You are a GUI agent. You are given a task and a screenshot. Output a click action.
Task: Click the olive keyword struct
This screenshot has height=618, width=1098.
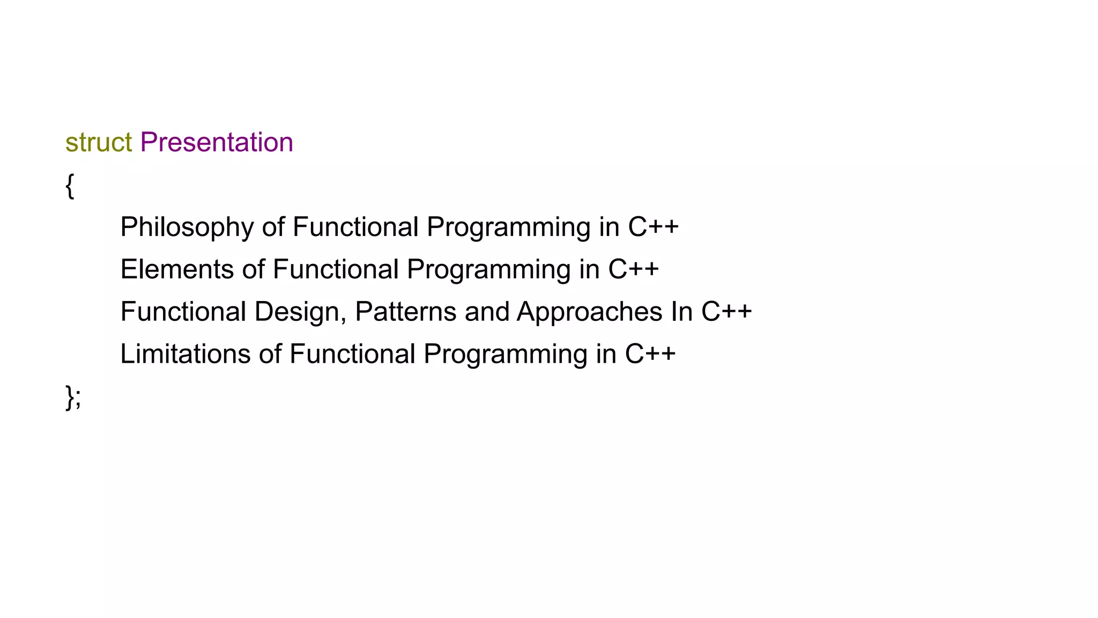[x=99, y=143]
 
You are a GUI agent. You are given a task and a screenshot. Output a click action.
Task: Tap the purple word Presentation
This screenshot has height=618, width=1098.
[x=217, y=143]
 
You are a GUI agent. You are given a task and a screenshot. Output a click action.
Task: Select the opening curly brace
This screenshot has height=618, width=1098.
[x=70, y=186]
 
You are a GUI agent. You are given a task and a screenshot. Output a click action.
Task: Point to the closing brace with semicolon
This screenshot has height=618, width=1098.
[x=73, y=398]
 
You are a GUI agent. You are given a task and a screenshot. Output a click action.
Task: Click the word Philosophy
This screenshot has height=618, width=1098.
[x=187, y=227]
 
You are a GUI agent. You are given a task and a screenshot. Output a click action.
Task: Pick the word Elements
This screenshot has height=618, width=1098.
[x=177, y=269]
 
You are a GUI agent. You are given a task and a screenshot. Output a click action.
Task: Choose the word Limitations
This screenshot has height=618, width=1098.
[x=186, y=354]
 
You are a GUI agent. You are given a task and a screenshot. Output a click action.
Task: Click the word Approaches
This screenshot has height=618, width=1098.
[x=589, y=312]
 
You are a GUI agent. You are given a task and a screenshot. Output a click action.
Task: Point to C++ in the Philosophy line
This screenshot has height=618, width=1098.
[x=654, y=227]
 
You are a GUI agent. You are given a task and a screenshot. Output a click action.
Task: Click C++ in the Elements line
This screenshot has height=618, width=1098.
[x=633, y=269]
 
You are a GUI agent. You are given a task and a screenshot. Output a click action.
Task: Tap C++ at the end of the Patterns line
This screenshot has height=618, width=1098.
[x=726, y=312]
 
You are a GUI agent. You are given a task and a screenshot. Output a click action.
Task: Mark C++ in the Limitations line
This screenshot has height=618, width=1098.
[x=650, y=354]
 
